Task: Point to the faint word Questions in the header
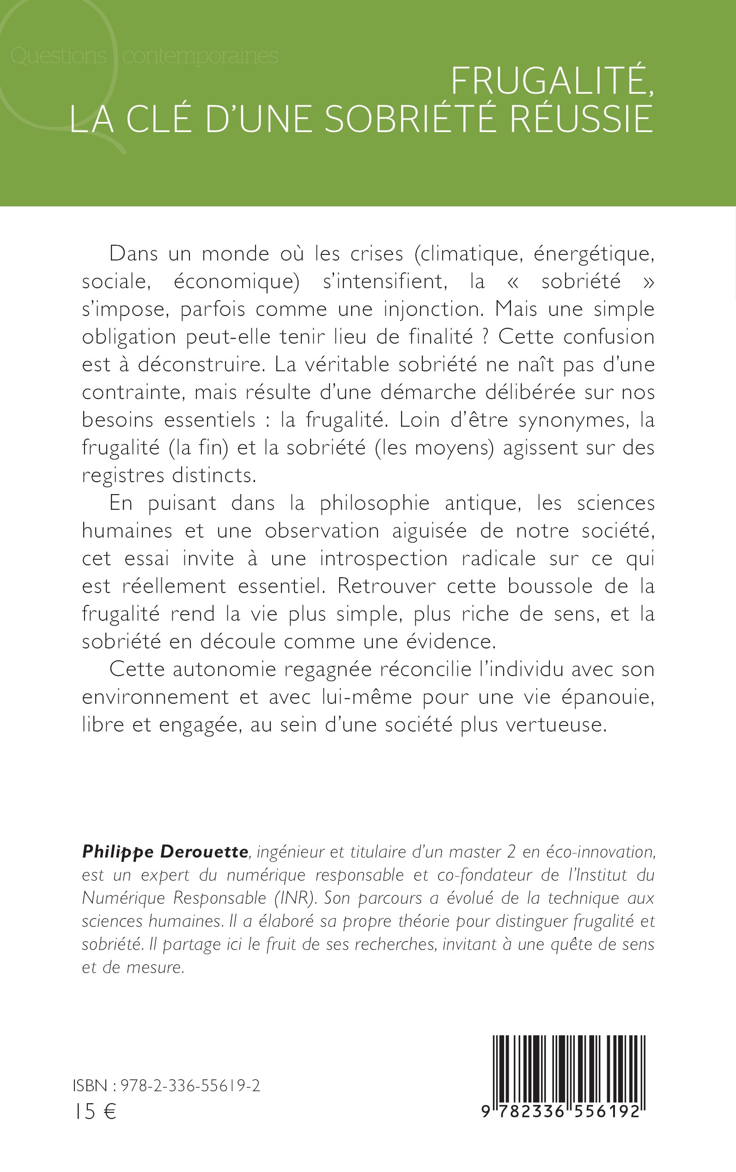tap(58, 56)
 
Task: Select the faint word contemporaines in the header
tap(200, 56)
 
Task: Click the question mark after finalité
tap(485, 337)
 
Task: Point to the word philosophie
tap(374, 503)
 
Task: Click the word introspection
tap(383, 558)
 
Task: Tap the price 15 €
tap(95, 1112)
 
